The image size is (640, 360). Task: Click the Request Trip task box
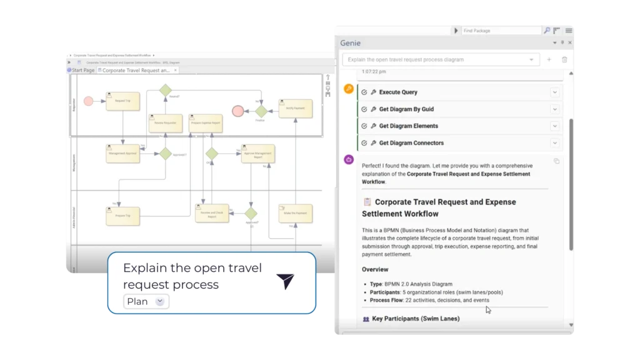[x=122, y=101]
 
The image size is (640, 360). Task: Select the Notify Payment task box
[x=295, y=108]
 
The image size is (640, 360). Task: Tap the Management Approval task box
[x=122, y=153]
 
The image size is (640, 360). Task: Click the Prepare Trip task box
[x=122, y=216]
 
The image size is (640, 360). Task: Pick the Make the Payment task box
[x=295, y=214]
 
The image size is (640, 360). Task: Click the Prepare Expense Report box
[x=206, y=123]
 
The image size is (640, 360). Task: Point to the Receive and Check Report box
[x=212, y=214]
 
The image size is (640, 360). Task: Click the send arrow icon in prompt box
[x=285, y=281]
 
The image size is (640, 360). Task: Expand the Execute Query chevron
[x=554, y=92]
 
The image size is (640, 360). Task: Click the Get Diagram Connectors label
[x=411, y=143]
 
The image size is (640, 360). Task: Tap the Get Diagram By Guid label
[x=406, y=109]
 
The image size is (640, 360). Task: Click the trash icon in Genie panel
[x=564, y=59]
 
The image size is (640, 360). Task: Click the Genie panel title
[x=350, y=43]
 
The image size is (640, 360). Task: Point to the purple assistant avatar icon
[x=349, y=159]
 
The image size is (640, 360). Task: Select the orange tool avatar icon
[x=349, y=89]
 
